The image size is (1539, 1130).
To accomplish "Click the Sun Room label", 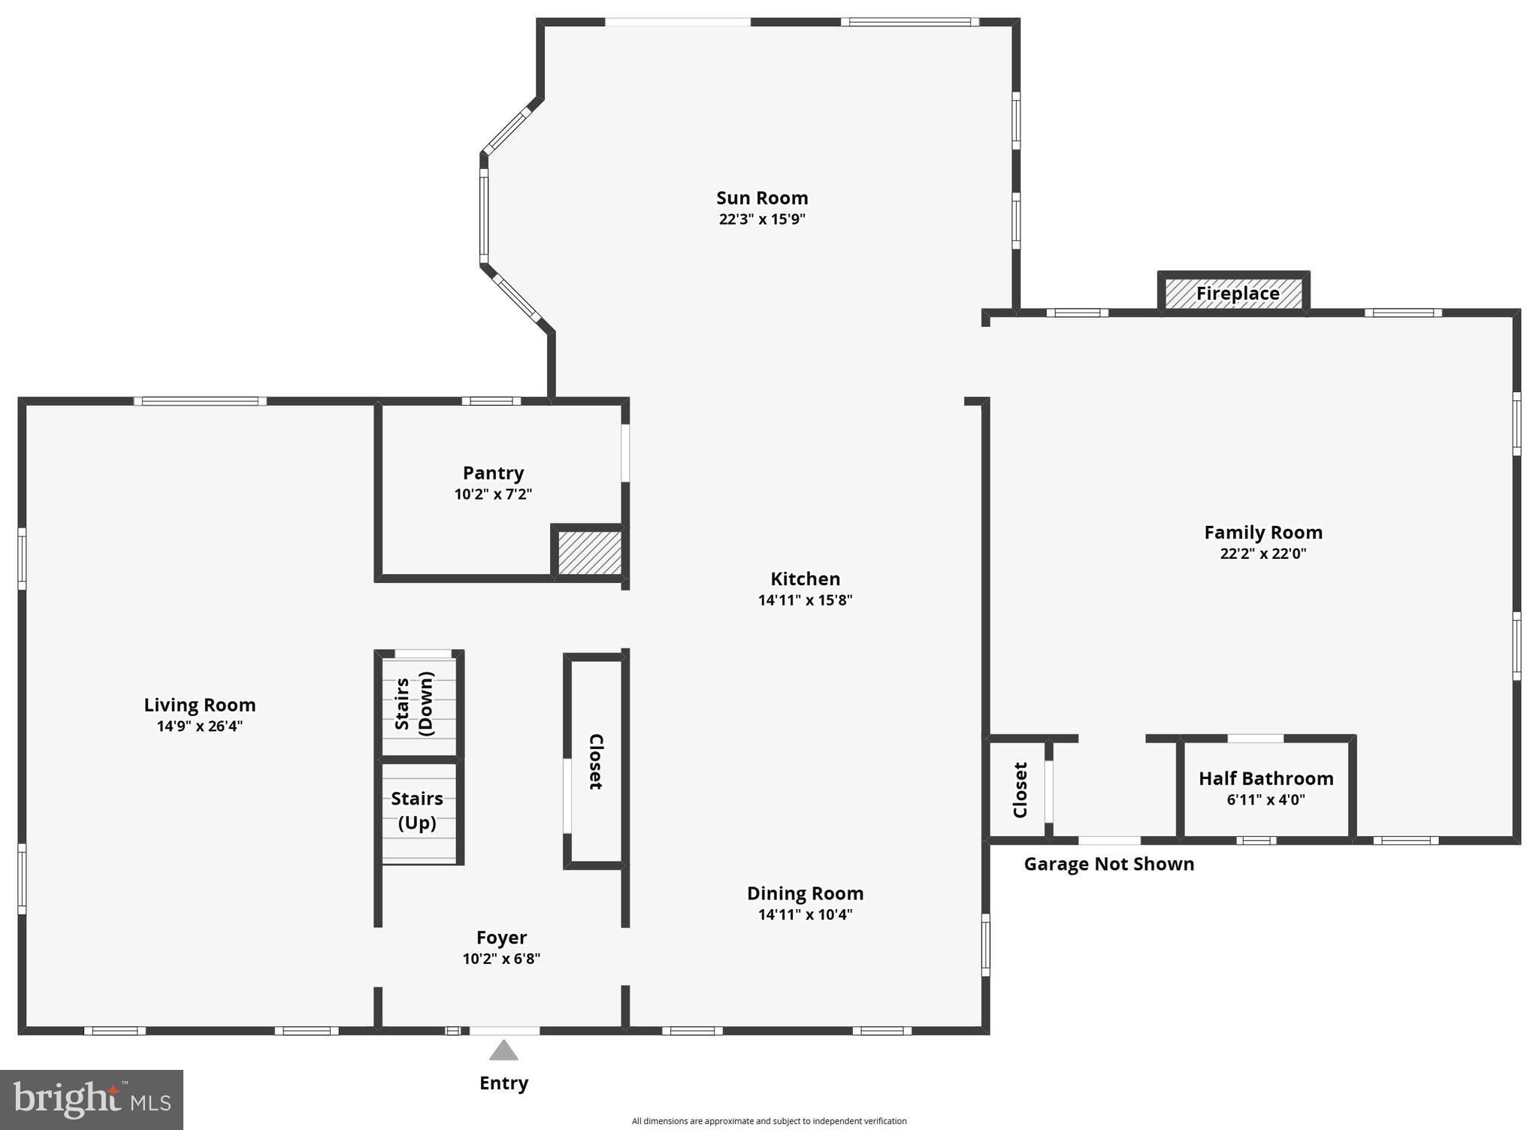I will pyautogui.click(x=761, y=198).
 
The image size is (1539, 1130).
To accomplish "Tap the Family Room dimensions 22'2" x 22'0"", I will pyautogui.click(x=1262, y=554).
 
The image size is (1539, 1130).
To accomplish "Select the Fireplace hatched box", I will pyautogui.click(x=1233, y=292).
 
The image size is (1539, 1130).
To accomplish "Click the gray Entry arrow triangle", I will pyautogui.click(x=503, y=1050).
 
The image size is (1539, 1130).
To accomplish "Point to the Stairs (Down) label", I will pyautogui.click(x=414, y=703).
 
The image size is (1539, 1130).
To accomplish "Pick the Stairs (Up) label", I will pyautogui.click(x=417, y=810).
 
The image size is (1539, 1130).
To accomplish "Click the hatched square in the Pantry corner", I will pyautogui.click(x=589, y=553).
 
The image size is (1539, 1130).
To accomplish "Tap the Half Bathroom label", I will pyautogui.click(x=1265, y=778).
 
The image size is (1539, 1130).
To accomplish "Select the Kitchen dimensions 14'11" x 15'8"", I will pyautogui.click(x=805, y=600).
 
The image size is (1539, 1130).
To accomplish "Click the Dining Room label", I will pyautogui.click(x=805, y=893).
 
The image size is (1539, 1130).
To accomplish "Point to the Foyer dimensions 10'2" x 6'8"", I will pyautogui.click(x=501, y=959).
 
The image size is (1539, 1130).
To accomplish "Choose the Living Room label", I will pyautogui.click(x=200, y=705).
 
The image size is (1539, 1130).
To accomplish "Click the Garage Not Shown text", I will pyautogui.click(x=1108, y=864).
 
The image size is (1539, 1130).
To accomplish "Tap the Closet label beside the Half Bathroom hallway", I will pyautogui.click(x=1020, y=790).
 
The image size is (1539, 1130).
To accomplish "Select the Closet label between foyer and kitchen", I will pyautogui.click(x=595, y=761).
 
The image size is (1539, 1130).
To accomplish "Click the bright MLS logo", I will pyautogui.click(x=92, y=1099).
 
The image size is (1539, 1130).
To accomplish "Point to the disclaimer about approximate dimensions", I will pyautogui.click(x=769, y=1121).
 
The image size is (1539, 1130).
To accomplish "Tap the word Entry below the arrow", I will pyautogui.click(x=503, y=1083).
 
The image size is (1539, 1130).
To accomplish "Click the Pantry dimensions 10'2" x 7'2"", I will pyautogui.click(x=493, y=494).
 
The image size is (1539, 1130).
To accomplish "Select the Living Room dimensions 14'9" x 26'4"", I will pyautogui.click(x=200, y=726).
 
